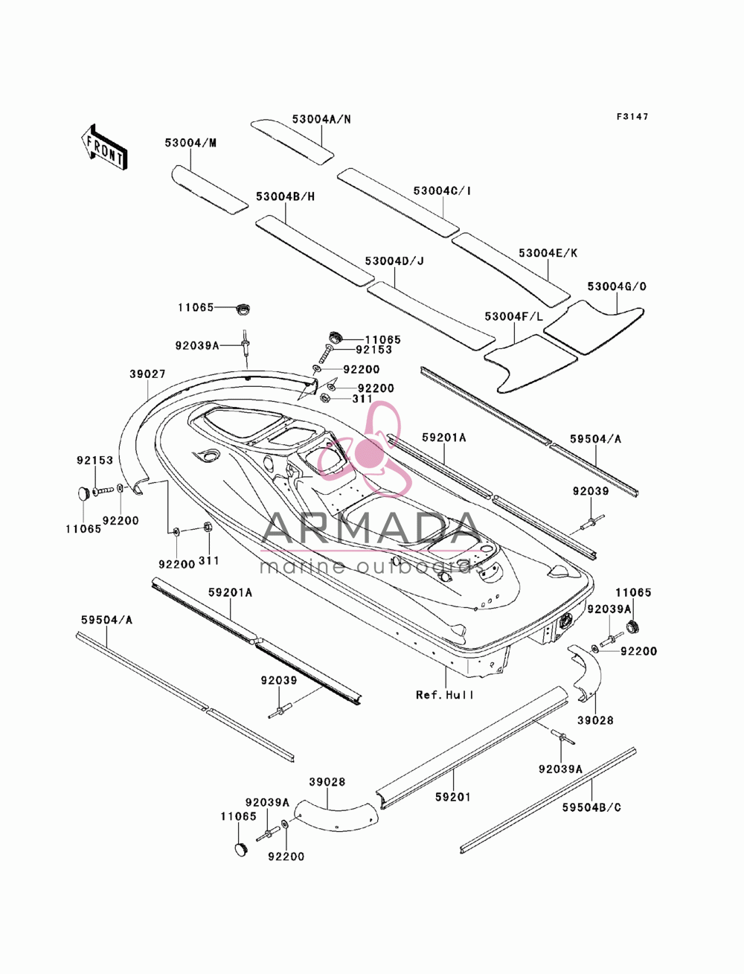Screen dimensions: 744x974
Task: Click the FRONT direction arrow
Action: [x=104, y=147]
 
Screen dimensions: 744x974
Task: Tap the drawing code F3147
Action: [x=632, y=117]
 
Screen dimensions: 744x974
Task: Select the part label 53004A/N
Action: [x=321, y=119]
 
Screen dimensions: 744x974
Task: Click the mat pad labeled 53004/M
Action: [x=209, y=190]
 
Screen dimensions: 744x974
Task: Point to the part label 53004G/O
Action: [x=617, y=286]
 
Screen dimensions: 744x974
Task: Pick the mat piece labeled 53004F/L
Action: [x=530, y=364]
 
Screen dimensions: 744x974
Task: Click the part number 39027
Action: [x=148, y=374]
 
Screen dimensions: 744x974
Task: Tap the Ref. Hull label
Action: [x=444, y=695]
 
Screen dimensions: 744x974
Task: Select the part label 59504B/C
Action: [x=591, y=807]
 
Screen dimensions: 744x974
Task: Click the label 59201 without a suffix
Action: [x=452, y=797]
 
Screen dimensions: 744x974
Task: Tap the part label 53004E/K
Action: [x=548, y=253]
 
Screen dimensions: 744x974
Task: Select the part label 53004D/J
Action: [x=394, y=260]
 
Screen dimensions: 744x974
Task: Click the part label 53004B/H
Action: [x=285, y=196]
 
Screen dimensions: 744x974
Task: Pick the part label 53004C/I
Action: [x=443, y=190]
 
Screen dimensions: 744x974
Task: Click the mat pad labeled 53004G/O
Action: [x=594, y=327]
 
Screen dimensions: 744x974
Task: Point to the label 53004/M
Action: [x=190, y=143]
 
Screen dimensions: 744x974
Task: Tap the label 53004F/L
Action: [x=514, y=317]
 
